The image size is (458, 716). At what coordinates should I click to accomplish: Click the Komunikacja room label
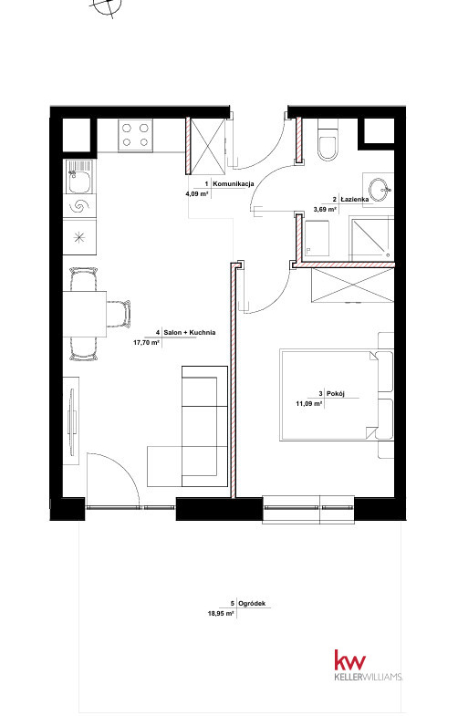pos(234,183)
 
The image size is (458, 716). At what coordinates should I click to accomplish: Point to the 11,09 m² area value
pos(309,403)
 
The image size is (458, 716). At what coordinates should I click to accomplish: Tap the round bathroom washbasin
pos(379,190)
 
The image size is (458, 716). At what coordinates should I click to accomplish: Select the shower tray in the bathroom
pos(370,238)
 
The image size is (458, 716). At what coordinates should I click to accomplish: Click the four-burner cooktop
pos(135,135)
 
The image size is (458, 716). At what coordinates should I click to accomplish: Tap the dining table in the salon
pos(85,314)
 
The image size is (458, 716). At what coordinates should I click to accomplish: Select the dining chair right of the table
pos(119,314)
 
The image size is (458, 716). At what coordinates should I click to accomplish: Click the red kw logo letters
pos(350,660)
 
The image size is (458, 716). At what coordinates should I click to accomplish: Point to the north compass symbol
pos(107,6)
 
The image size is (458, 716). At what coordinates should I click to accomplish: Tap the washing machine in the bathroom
pos(317,238)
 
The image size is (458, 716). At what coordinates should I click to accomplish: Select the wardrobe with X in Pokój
pos(352,285)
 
